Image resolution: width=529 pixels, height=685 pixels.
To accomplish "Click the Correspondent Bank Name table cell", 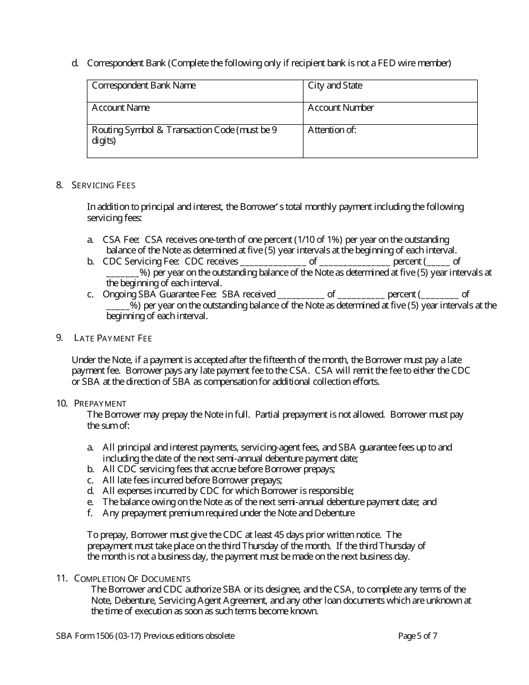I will coord(195,91).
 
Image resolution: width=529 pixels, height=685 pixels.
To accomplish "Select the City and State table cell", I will coord(390,91).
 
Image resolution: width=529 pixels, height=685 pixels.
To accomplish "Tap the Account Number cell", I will coord(390,113).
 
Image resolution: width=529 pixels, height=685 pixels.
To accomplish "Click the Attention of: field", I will coord(390,140).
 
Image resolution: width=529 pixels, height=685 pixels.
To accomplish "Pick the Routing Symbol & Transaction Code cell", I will coord(195,140).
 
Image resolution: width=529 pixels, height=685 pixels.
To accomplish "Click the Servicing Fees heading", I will coord(104,185).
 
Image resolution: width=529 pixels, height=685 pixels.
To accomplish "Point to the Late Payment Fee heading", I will coord(113,338).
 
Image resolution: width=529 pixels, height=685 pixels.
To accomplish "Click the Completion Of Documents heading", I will coord(133,579).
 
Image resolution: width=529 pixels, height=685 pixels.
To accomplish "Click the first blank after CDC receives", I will coord(272,262).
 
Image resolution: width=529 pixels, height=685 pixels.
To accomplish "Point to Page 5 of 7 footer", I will coord(418,636).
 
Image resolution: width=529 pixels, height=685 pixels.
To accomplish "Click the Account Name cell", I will coord(195,113).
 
